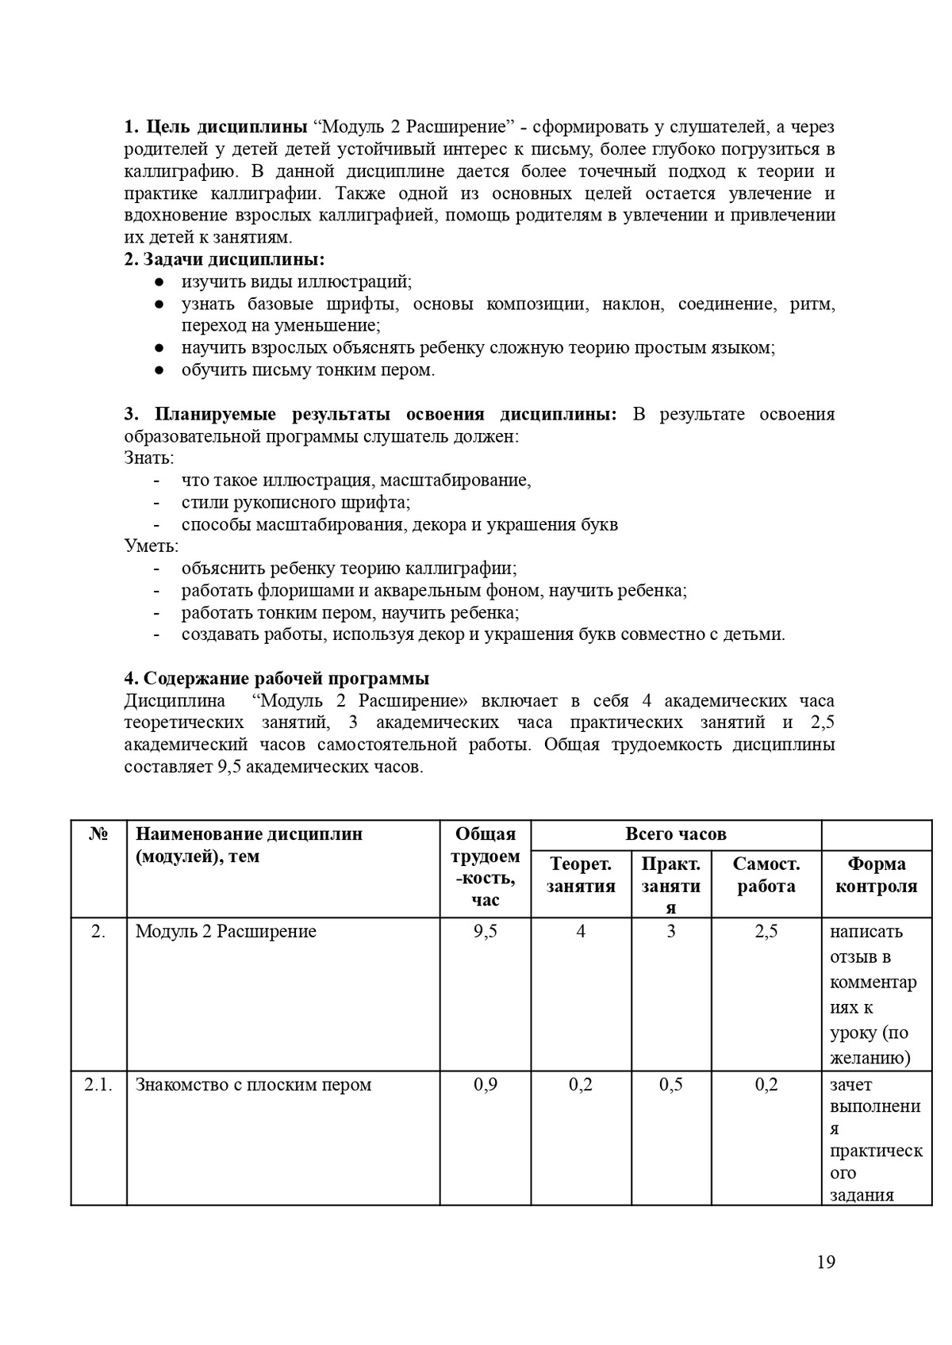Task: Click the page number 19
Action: coord(825,1262)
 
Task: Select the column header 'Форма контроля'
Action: coord(876,876)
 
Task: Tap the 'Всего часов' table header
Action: coord(675,834)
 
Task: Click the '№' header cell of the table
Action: coord(98,834)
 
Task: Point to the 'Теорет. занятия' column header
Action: coord(581,876)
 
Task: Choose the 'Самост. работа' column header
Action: coord(766,876)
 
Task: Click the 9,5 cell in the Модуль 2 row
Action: coord(485,931)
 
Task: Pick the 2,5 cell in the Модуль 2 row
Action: coord(766,931)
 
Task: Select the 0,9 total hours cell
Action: coord(485,1084)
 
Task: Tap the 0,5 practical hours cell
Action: coord(670,1084)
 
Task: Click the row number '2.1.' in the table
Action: coord(98,1084)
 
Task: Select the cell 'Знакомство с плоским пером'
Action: coord(253,1084)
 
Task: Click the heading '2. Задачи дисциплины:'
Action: coord(225,259)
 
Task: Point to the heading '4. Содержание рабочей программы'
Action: coord(277,678)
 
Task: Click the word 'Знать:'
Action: coord(149,458)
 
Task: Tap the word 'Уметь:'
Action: coord(151,546)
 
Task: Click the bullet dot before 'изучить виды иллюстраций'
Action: coord(159,282)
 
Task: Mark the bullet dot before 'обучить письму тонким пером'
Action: coord(159,370)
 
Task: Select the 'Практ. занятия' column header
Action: coord(670,886)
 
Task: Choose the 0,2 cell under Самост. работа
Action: coord(766,1084)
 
